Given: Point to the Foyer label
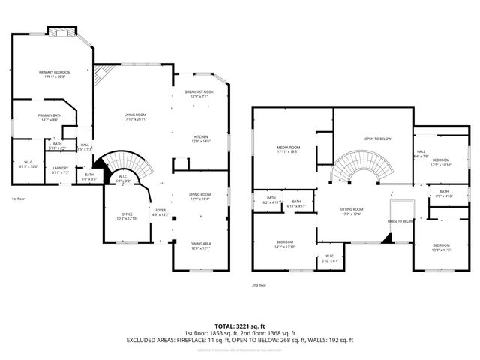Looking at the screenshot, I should (160, 211).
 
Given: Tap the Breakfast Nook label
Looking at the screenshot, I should (199, 94).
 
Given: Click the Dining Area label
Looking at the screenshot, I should (199, 245).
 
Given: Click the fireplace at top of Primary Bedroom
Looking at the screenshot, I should (61, 31).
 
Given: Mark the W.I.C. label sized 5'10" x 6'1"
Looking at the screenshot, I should (328, 259).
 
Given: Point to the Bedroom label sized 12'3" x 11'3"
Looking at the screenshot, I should (441, 247).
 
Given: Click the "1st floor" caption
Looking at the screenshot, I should (19, 199).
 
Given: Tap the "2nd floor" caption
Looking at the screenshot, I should (259, 285).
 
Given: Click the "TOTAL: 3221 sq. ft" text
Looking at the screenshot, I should (240, 325).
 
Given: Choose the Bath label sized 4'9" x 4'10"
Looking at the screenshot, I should (444, 193).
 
